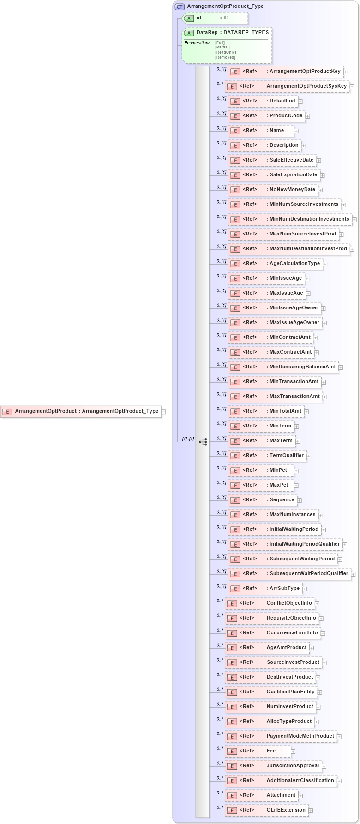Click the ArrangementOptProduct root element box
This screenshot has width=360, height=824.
click(x=81, y=411)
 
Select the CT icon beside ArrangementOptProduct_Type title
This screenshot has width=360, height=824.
click(x=180, y=6)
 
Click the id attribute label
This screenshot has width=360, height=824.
click(x=199, y=18)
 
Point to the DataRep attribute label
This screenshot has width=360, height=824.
click(x=206, y=33)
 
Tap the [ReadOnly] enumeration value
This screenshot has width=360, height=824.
click(x=225, y=52)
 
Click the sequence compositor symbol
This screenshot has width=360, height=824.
click(x=203, y=442)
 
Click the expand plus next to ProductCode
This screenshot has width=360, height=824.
click(x=307, y=116)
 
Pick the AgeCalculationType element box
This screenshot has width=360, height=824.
click(x=276, y=264)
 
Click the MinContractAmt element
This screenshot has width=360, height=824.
click(x=271, y=337)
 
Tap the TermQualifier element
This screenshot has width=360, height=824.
click(x=268, y=456)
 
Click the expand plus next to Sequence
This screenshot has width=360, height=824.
click(x=299, y=500)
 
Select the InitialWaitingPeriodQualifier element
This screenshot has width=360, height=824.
click(x=286, y=544)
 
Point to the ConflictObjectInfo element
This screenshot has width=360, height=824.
click(x=270, y=603)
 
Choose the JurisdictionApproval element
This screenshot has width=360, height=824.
click(x=274, y=766)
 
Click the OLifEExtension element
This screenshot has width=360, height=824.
click(x=267, y=810)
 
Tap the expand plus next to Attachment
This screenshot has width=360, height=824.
click(x=300, y=796)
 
